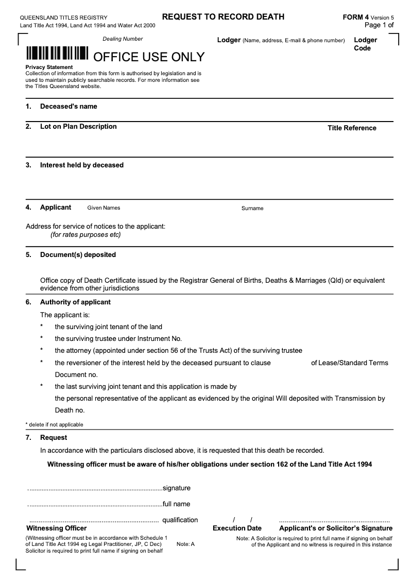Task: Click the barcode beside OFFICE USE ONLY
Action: click(x=57, y=54)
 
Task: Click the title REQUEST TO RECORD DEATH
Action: click(x=223, y=16)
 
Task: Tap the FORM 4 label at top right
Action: click(x=356, y=17)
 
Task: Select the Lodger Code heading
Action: click(x=365, y=44)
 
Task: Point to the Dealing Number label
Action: click(x=123, y=39)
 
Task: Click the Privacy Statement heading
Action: click(x=49, y=67)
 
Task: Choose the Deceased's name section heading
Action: click(x=68, y=107)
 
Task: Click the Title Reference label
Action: click(x=352, y=128)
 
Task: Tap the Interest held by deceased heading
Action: click(x=81, y=165)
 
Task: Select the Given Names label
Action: click(x=104, y=208)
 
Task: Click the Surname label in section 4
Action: click(x=252, y=209)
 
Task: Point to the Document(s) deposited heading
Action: click(x=78, y=255)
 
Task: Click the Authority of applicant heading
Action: click(x=75, y=302)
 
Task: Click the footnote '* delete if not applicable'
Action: click(x=54, y=425)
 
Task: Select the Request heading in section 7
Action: click(x=54, y=438)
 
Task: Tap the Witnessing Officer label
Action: click(x=56, y=528)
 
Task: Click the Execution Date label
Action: click(x=237, y=528)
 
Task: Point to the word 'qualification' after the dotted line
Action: click(x=180, y=520)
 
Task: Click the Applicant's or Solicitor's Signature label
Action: click(x=335, y=528)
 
